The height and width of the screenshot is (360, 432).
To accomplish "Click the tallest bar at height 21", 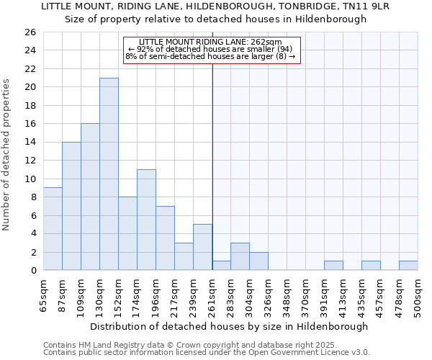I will pyautogui.click(x=109, y=174).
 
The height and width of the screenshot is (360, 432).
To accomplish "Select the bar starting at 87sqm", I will pyautogui.click(x=71, y=206).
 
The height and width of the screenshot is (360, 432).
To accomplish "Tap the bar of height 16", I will pyautogui.click(x=90, y=197).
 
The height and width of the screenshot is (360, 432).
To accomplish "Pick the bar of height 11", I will pyautogui.click(x=146, y=220).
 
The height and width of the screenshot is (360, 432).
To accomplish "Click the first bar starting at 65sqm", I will pyautogui.click(x=53, y=229).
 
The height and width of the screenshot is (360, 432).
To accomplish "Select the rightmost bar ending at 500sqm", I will pyautogui.click(x=408, y=266).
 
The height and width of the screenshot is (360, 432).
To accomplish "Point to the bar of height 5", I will pyautogui.click(x=202, y=247).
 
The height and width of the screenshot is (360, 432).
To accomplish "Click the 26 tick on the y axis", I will pyautogui.click(x=30, y=32).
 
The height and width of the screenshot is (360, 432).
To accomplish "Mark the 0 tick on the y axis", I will pyautogui.click(x=33, y=271).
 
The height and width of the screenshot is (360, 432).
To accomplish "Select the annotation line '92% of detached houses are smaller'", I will pyautogui.click(x=210, y=48).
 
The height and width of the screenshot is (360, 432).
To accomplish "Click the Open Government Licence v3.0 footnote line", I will pyautogui.click(x=206, y=353).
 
